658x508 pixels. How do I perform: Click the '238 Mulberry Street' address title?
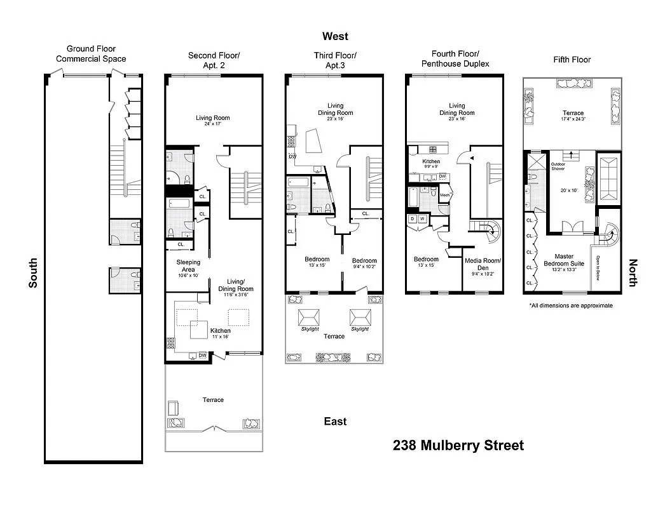click(x=458, y=445)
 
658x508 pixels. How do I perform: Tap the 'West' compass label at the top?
click(x=335, y=36)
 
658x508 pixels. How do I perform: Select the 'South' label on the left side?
click(x=33, y=272)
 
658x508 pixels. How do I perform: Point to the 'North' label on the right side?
click(x=633, y=272)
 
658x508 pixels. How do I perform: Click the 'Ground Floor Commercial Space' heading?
click(x=91, y=54)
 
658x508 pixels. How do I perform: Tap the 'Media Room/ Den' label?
click(x=483, y=264)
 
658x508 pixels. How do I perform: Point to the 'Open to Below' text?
click(x=598, y=268)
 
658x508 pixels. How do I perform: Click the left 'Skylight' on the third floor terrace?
click(x=310, y=329)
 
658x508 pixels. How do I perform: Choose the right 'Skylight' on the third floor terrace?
click(x=359, y=329)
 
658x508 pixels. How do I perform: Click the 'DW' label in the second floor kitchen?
click(x=202, y=356)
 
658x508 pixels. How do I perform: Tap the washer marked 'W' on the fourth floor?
click(x=422, y=219)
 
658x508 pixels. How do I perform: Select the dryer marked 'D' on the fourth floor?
click(x=412, y=219)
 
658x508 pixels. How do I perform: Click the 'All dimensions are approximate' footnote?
click(x=571, y=305)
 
